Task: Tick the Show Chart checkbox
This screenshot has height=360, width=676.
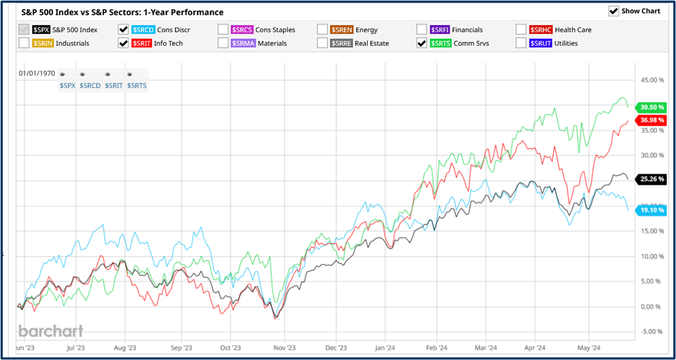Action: [x=613, y=11]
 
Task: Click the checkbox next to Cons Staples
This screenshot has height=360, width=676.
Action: [x=223, y=30]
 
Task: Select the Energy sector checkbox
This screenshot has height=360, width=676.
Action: [x=322, y=30]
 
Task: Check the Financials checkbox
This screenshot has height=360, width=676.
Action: [x=422, y=30]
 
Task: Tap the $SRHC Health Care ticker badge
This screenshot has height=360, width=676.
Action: [x=540, y=30]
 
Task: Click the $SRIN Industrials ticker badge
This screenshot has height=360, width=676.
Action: [x=43, y=43]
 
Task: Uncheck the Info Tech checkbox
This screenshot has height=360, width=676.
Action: [x=123, y=43]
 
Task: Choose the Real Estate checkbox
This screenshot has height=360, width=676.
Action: [x=322, y=43]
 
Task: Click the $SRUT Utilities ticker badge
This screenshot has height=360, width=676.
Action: [x=540, y=43]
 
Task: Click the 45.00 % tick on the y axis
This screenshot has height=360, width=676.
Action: [x=649, y=80]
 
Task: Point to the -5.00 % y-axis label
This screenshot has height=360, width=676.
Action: [x=648, y=331]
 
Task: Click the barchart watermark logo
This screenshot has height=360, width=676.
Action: [x=51, y=331]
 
